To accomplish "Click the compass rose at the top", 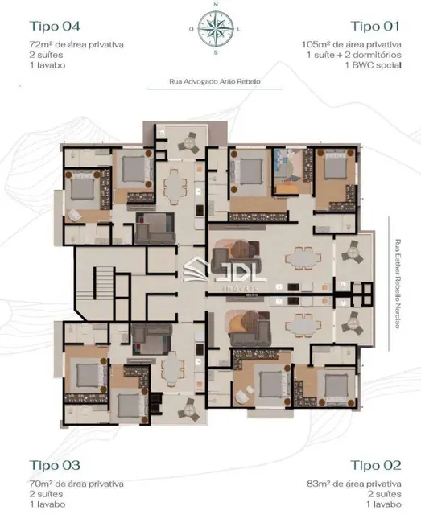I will coord(215,30).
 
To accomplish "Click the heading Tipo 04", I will coord(55,24).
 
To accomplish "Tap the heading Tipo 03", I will coord(55,465).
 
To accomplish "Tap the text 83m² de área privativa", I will coord(352,484).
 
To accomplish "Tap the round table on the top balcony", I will coord(189,144).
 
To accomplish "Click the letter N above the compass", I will coord(215,5).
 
